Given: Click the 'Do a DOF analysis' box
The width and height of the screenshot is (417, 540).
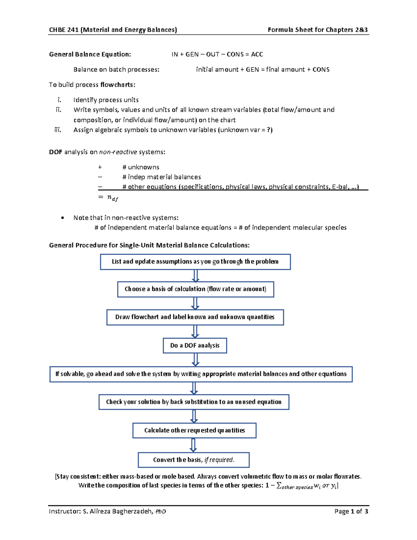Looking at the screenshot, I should tap(195, 346).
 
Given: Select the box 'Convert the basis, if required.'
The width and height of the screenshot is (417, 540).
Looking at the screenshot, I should tap(194, 460).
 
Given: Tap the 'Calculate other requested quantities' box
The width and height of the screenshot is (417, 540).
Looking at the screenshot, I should tap(194, 430).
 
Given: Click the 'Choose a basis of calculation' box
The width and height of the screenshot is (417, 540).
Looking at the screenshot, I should tap(196, 289).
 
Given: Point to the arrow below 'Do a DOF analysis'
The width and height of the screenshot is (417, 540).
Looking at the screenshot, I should tap(195, 360).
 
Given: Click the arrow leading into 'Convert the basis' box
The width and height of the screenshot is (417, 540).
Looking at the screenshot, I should tap(194, 445).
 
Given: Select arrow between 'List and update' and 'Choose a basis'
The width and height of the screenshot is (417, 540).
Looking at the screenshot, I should tap(196, 276).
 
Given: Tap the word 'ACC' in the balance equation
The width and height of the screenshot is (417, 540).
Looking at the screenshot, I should tap(257, 54).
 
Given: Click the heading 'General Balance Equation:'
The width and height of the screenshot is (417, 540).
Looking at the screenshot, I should tap(90, 54).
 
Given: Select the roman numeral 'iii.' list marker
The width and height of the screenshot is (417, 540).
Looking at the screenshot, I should tap(58, 130).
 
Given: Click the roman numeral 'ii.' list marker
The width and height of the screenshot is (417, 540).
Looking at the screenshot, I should tap(58, 110).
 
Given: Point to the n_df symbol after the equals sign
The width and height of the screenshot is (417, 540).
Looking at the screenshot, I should tap(113, 198).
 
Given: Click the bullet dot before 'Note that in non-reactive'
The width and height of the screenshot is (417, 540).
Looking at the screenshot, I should tap(63, 218).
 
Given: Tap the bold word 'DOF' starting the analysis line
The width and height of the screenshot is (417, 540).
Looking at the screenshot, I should tap(56, 152).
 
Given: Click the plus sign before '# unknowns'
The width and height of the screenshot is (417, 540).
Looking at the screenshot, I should tap(100, 167).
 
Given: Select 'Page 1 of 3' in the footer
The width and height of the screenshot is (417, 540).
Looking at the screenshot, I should tap(351, 511).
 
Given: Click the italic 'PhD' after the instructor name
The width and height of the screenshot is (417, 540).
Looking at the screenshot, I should tap(161, 511).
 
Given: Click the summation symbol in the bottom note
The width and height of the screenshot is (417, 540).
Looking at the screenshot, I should tap(279, 486).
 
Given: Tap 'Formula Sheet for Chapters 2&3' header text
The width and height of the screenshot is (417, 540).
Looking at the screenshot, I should tap(318, 30).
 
